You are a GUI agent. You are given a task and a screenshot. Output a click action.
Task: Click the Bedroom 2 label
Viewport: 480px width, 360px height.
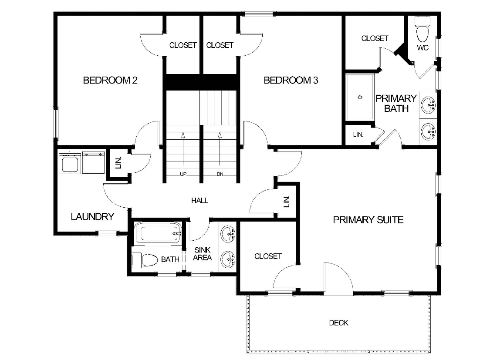pyautogui.click(x=110, y=80)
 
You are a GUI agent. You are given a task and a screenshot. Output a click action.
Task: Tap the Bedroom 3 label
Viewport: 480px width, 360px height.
pyautogui.click(x=291, y=80)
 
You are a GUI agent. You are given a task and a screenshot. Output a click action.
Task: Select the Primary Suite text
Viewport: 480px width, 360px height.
pyautogui.click(x=368, y=220)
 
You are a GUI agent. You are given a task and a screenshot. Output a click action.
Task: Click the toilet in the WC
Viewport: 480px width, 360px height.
pyautogui.click(x=422, y=31)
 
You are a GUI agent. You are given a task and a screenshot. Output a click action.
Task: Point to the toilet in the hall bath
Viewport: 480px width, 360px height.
pyautogui.click(x=145, y=260)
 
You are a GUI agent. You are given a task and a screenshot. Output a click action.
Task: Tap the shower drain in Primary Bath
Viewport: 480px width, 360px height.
pyautogui.click(x=360, y=98)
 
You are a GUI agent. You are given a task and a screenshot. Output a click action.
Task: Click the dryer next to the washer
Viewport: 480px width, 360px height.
pyautogui.click(x=93, y=162)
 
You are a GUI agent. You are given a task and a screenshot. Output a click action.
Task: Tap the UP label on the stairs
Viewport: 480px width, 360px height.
pyautogui.click(x=183, y=174)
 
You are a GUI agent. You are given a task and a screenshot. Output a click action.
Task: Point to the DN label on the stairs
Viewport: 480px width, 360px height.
pyautogui.click(x=220, y=174)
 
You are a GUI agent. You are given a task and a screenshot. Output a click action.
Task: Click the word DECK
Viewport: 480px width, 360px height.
pyautogui.click(x=338, y=323)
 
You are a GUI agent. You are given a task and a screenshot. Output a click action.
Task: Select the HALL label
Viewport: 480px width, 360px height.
pyautogui.click(x=199, y=201)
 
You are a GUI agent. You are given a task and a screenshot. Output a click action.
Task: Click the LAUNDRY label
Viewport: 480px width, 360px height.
pyautogui.click(x=92, y=216)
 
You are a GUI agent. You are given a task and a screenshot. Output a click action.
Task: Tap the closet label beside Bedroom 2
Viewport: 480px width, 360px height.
pyautogui.click(x=183, y=45)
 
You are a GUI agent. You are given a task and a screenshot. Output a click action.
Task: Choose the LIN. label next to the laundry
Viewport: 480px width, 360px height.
pyautogui.click(x=118, y=163)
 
